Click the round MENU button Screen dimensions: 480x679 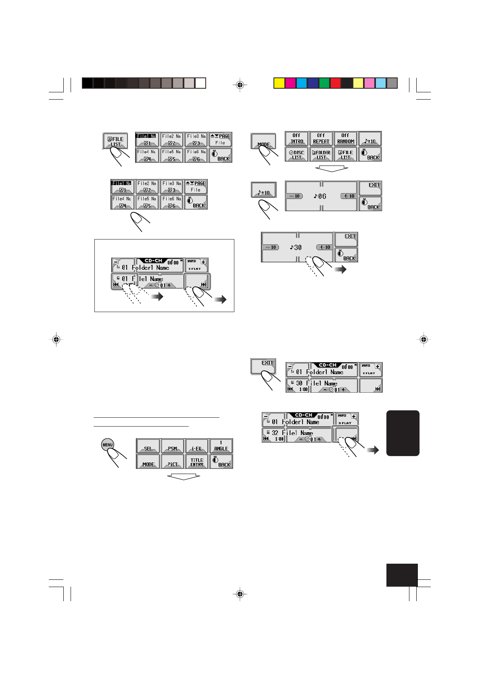pos(108,445)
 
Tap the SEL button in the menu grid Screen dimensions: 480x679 pos(148,446)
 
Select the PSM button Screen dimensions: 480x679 pos(173,446)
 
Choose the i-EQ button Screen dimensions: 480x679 pos(197,446)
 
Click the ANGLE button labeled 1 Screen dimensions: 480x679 pos(221,446)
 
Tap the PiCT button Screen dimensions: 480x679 pos(173,461)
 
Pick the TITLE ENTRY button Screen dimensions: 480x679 pos(197,461)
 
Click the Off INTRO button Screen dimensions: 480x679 pos(296,138)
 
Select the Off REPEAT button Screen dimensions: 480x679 pos(321,138)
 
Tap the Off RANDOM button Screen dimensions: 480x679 pos(346,138)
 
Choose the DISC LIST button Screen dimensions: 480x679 pos(296,154)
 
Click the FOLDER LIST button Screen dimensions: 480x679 pos(321,154)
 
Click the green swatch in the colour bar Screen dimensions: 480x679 pos(324,83)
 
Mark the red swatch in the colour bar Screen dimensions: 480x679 pos(336,83)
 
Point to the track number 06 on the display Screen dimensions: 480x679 pos(320,196)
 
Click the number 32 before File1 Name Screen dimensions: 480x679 pos(275,433)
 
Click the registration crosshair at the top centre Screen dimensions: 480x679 pos(240,85)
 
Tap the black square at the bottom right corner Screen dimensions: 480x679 pos(402,575)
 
